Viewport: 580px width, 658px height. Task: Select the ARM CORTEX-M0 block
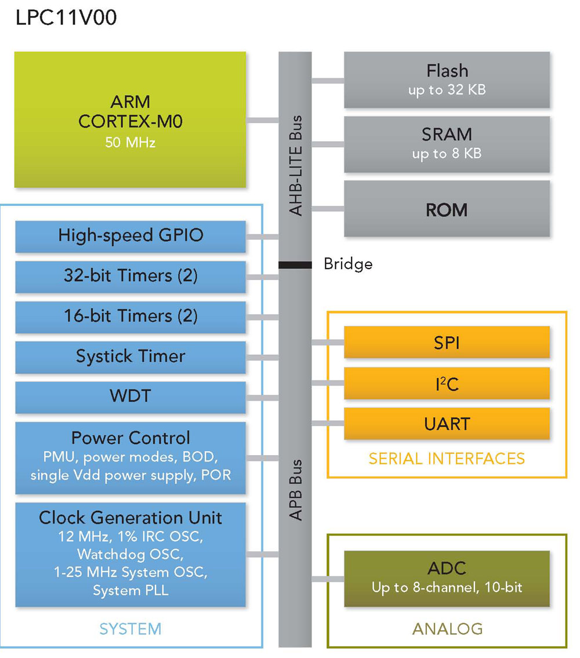point(130,119)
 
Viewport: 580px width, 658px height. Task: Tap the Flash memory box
point(447,79)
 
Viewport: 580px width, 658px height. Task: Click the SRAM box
point(447,143)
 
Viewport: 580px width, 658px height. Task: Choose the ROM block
point(447,209)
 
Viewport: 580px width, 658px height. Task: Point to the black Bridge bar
point(295,265)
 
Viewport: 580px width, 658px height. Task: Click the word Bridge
point(348,264)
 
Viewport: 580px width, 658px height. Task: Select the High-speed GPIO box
point(130,236)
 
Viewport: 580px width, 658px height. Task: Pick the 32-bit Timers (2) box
point(130,276)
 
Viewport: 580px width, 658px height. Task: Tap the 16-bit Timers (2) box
point(130,317)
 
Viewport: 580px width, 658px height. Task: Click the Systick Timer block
point(130,357)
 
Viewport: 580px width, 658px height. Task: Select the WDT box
point(130,397)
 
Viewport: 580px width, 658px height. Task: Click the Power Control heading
point(130,438)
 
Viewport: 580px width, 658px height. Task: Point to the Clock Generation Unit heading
point(130,517)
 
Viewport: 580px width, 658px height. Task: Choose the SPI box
point(447,343)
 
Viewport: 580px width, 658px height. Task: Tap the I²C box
point(447,383)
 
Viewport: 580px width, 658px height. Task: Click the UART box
point(447,424)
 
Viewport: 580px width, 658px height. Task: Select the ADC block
point(447,578)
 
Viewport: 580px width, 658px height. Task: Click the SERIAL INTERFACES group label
point(447,459)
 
